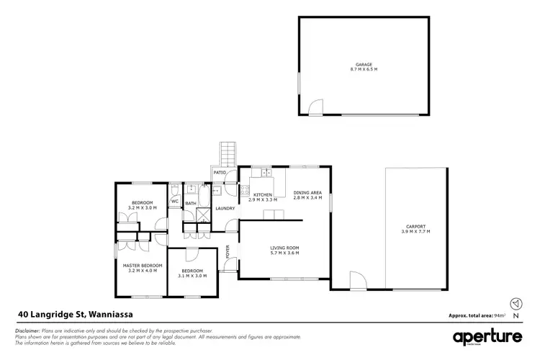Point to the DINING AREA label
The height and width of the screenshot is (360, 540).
click(307, 192)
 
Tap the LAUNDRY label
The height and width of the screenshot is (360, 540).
click(225, 209)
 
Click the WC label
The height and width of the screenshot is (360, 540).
click(174, 202)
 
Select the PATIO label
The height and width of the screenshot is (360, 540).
click(220, 174)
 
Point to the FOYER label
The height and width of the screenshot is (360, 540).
click(228, 252)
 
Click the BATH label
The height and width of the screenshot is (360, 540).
click(191, 204)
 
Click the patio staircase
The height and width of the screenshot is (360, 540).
click(229, 153)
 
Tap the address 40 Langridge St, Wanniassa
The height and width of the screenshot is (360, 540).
click(74, 315)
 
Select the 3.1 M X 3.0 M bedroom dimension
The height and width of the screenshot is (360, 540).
click(192, 276)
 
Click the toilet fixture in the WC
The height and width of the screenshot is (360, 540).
click(175, 191)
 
